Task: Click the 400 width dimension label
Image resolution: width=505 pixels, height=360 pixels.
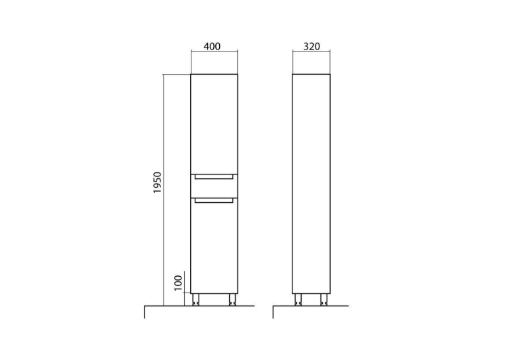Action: pos(213,46)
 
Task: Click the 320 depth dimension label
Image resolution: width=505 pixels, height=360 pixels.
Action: pos(312,46)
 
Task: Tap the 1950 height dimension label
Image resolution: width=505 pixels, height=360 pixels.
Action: pos(157,182)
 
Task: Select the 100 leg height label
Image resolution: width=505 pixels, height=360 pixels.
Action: pos(178,283)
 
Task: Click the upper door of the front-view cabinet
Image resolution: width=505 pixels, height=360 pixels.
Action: pos(214,124)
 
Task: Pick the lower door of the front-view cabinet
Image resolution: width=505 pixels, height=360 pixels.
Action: pos(214,246)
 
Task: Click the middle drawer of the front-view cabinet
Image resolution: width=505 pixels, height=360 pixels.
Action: pos(214,186)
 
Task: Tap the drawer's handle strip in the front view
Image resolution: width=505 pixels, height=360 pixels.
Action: pos(214,176)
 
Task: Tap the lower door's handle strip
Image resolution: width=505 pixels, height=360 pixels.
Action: pos(214,200)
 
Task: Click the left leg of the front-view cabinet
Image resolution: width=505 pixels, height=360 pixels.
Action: pos(195,299)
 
